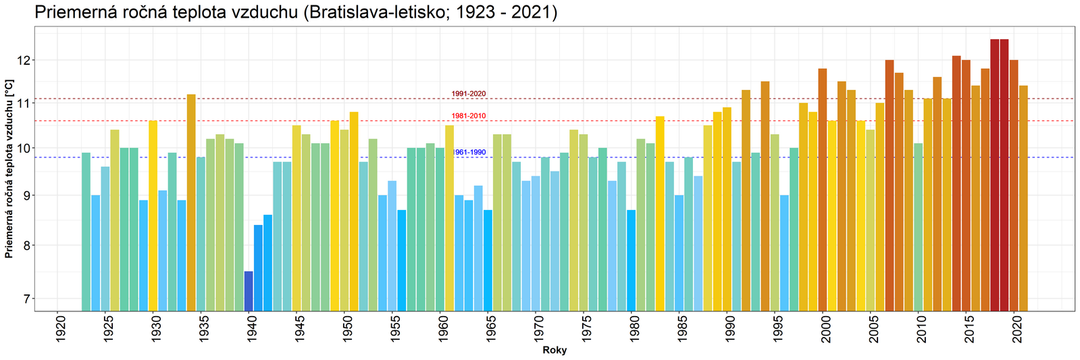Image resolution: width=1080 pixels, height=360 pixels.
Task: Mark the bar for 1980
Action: pos(631,260)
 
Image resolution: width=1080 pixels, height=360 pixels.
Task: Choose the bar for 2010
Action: pos(918,226)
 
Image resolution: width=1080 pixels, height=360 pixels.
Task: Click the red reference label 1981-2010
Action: pos(469,116)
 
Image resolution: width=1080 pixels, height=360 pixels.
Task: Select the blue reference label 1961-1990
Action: pos(469,153)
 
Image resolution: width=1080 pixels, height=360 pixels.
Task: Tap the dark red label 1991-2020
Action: pos(469,94)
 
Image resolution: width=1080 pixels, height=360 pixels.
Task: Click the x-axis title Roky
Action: pos(555,351)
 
